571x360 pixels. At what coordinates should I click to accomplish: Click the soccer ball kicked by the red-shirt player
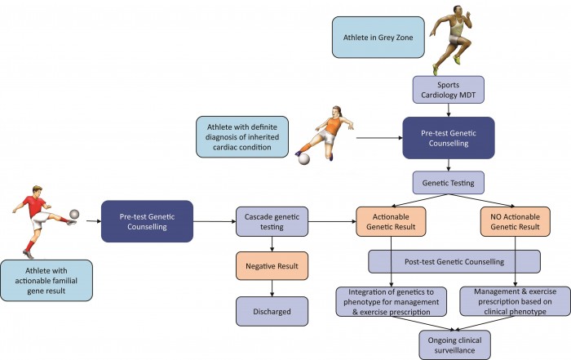click(x=74, y=214)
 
